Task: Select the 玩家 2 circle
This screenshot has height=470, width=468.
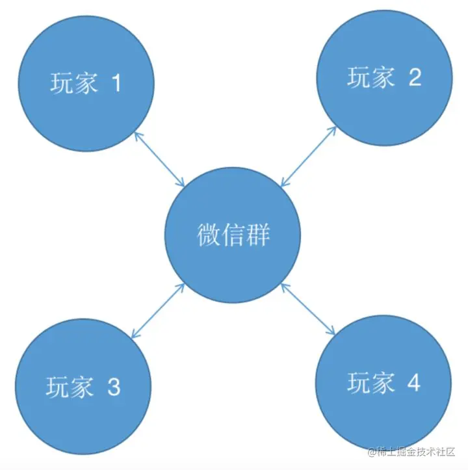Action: coord(385,78)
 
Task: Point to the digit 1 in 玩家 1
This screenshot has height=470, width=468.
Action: coord(116,83)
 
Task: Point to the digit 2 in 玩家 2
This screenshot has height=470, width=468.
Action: coord(414,78)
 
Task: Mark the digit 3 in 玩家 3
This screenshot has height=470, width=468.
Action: coord(113,388)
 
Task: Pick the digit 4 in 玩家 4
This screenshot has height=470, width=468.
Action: coord(413,384)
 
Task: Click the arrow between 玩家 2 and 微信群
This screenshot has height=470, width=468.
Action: coord(307,156)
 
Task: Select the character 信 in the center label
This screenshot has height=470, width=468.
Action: coord(233,235)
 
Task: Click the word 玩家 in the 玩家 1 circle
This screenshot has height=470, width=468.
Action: coord(74,83)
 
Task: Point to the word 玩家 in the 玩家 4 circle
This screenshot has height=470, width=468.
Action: coord(371,384)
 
